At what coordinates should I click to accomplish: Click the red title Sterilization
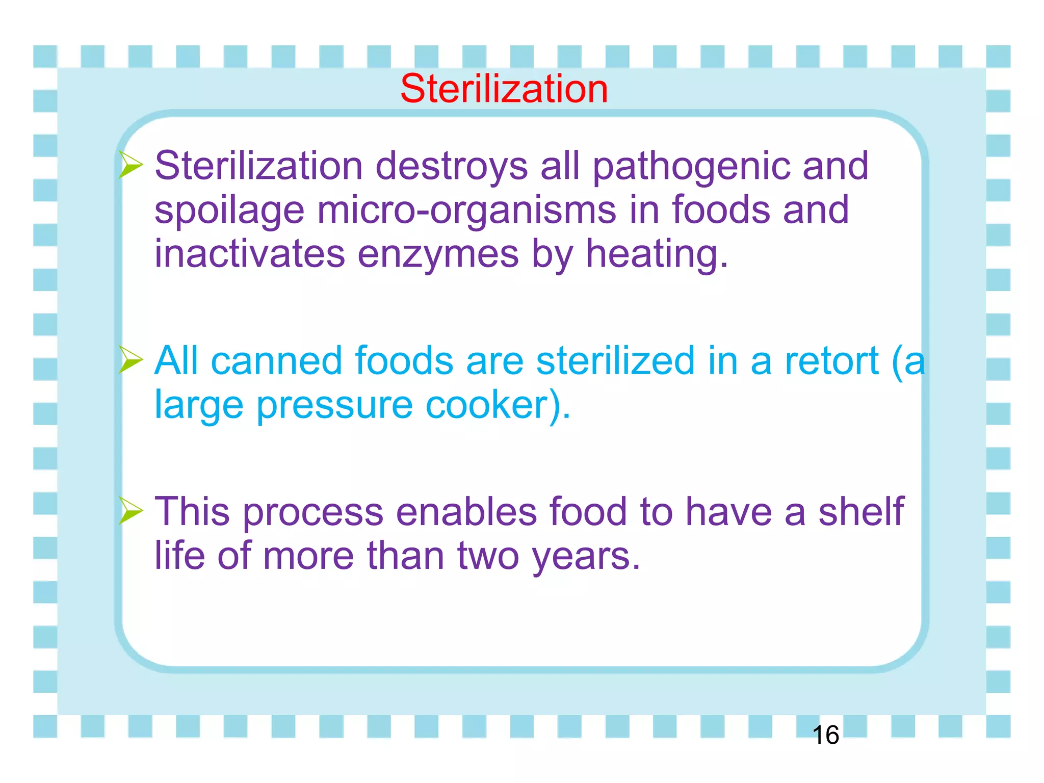tap(504, 89)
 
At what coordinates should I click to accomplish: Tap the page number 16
tap(825, 735)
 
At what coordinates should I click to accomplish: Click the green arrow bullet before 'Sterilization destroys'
tap(130, 165)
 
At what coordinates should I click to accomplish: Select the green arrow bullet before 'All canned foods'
tap(130, 360)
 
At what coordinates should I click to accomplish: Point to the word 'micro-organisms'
tap(466, 210)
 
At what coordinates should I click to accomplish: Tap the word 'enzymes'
tap(438, 254)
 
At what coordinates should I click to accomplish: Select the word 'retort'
tap(831, 361)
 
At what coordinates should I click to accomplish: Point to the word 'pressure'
tap(334, 405)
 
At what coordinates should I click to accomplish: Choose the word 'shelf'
tap(861, 511)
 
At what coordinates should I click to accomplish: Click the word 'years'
tap(586, 556)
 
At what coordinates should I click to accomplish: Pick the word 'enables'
tap(466, 511)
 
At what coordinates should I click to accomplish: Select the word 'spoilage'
tap(229, 210)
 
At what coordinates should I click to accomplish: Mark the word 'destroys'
tap(452, 166)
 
